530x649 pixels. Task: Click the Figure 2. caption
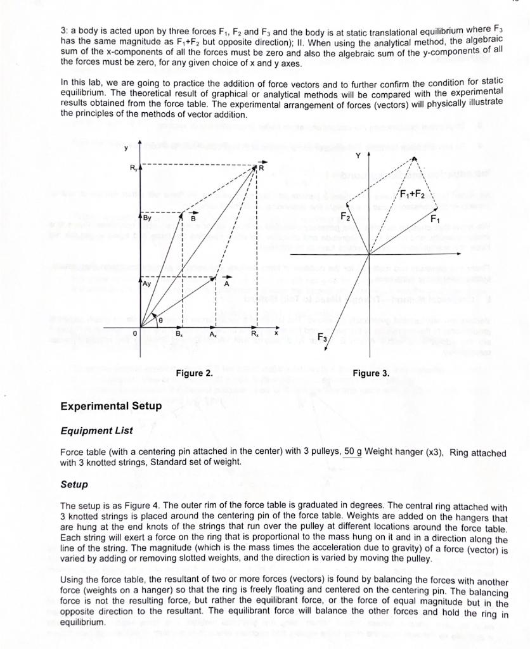[195, 373]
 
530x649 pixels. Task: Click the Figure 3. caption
[371, 373]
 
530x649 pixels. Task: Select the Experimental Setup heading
[111, 406]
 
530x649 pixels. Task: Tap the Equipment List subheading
[96, 431]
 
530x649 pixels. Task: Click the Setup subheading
[74, 485]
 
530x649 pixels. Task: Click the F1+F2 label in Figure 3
[415, 193]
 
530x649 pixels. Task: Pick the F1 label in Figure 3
[436, 219]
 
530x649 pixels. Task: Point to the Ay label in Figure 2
[146, 285]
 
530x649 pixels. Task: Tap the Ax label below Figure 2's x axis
[214, 333]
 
